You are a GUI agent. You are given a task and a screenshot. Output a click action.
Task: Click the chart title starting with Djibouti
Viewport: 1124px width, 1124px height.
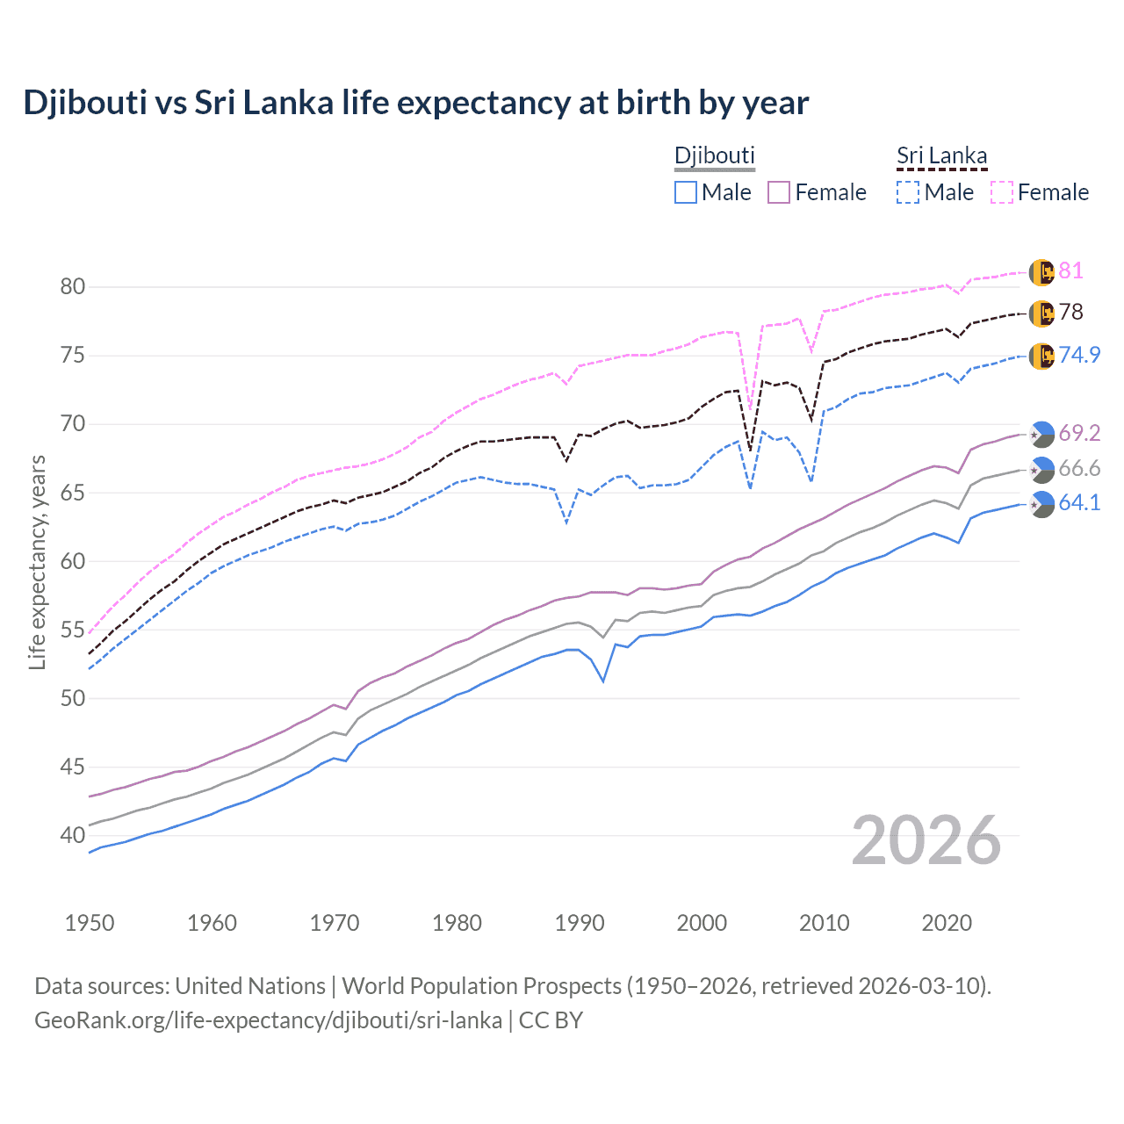point(415,103)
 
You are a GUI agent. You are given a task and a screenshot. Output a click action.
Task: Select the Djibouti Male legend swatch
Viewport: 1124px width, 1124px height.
point(686,192)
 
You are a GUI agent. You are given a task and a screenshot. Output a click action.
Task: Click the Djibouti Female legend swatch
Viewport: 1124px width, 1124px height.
point(779,192)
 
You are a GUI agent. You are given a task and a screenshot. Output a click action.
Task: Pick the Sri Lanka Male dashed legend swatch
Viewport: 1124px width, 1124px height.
point(908,192)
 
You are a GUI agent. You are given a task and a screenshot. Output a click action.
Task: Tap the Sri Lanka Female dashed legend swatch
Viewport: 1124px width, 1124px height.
point(1002,192)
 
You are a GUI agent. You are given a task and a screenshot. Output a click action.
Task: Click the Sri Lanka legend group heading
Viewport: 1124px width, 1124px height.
point(941,156)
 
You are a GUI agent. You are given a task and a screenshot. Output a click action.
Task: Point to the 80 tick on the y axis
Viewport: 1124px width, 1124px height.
point(73,287)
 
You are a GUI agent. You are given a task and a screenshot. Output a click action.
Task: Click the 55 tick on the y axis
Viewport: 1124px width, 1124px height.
point(73,630)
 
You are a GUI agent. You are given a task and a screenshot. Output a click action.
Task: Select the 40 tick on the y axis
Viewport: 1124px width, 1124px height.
point(73,836)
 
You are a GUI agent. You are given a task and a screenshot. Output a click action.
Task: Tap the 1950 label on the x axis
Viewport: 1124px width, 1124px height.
point(90,923)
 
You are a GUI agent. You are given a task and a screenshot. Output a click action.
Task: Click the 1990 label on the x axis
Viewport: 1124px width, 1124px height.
point(580,923)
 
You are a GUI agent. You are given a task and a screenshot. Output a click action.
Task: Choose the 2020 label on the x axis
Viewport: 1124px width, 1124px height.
point(947,923)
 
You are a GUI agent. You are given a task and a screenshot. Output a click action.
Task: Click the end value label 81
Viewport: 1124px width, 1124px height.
point(1070,271)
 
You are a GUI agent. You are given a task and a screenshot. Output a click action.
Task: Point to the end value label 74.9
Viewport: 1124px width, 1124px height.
point(1079,356)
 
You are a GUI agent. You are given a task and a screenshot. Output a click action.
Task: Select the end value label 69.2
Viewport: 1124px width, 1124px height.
point(1079,434)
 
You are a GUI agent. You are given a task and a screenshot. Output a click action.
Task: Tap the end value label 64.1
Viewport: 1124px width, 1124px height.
point(1079,503)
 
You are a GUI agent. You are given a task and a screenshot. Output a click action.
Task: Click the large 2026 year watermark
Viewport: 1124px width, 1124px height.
point(926,841)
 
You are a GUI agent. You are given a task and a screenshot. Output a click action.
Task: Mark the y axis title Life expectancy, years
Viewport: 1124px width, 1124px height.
point(38,562)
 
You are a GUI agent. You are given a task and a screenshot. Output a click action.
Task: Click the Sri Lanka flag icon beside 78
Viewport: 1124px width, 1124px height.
point(1041,313)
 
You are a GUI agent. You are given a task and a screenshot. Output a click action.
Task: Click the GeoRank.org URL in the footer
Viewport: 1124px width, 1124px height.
point(268,1020)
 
